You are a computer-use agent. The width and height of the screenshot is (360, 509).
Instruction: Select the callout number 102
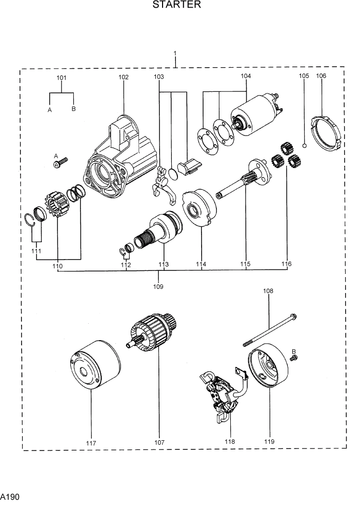[x=124, y=77]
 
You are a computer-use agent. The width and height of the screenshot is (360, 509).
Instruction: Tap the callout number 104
[x=246, y=76]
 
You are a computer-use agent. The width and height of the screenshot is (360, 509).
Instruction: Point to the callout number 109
[x=158, y=286]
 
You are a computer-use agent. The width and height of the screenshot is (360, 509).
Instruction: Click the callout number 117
[x=91, y=443]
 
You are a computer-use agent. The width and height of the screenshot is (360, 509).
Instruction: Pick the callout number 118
[x=230, y=442]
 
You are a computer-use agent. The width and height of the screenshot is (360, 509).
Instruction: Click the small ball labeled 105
[x=304, y=146]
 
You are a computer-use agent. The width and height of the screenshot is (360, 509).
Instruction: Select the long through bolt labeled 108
[x=269, y=328]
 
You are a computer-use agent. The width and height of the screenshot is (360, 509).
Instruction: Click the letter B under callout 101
[x=74, y=109]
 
